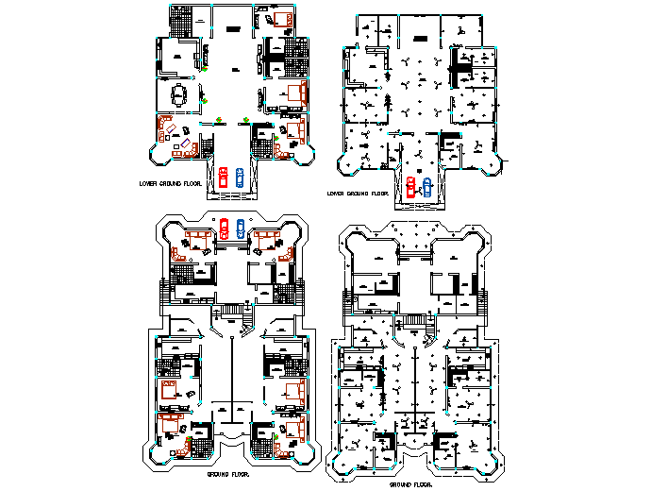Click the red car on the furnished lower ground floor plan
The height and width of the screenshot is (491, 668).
tap(223, 178)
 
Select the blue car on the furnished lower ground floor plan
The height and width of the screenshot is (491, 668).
tap(240, 178)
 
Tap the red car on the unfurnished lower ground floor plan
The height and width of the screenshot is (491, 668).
tap(410, 186)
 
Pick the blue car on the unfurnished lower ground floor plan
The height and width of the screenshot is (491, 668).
tap(426, 186)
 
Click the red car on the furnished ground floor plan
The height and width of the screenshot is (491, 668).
tap(224, 226)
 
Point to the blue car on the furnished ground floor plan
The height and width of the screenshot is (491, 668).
tap(241, 226)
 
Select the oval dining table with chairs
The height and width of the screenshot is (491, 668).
tap(179, 93)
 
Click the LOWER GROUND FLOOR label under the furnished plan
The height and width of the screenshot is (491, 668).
tap(171, 185)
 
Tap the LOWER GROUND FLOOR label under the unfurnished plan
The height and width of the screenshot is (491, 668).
tap(358, 194)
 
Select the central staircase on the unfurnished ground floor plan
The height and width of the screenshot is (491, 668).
tap(416, 325)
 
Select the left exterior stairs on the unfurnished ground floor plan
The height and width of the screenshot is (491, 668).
tap(348, 304)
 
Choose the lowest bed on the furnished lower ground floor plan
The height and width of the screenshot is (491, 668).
tap(294, 128)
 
